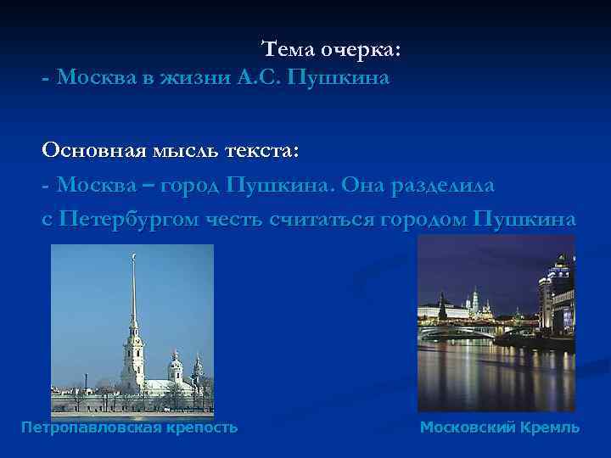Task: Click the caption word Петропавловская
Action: (93, 427)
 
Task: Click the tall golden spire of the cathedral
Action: (132, 288)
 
